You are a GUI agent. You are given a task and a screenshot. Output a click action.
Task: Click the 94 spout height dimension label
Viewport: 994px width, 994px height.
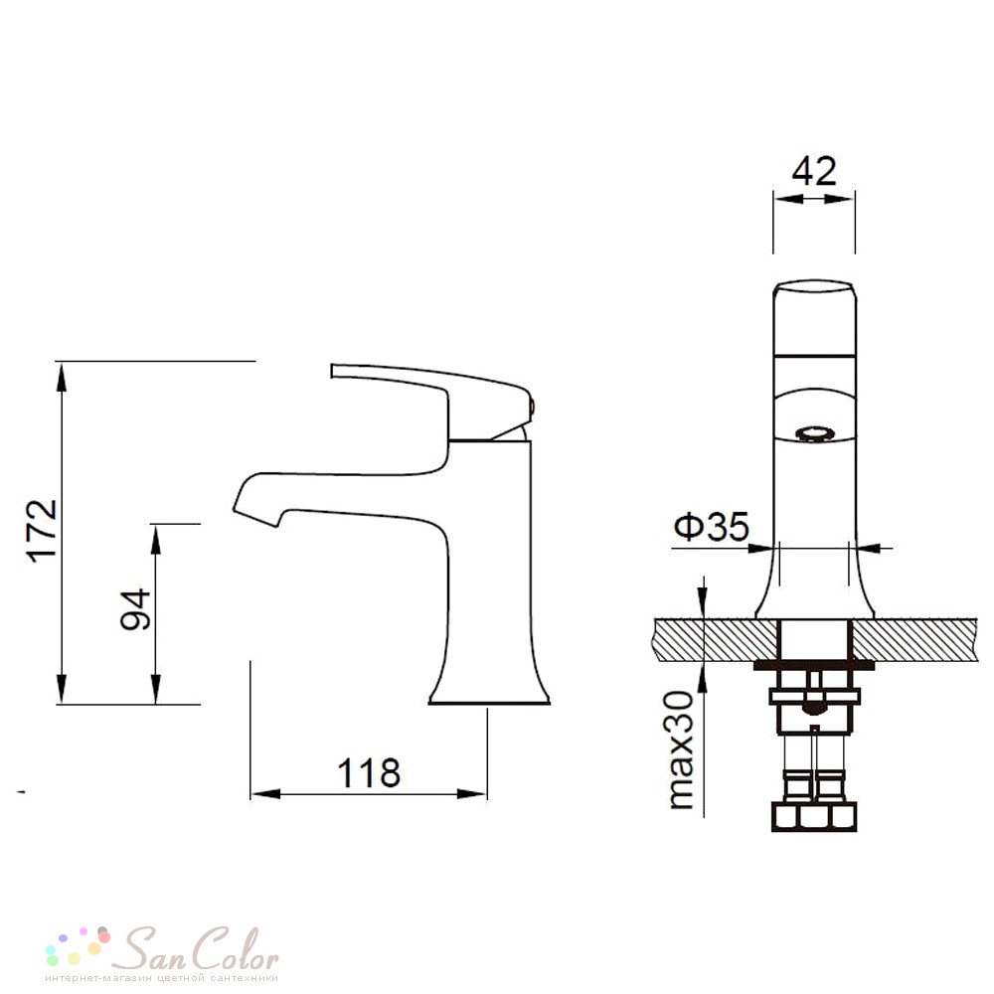(135, 609)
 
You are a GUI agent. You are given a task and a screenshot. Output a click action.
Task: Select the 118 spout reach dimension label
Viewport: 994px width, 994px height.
(369, 772)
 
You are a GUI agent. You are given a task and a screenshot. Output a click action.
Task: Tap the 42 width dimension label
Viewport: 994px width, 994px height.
(814, 171)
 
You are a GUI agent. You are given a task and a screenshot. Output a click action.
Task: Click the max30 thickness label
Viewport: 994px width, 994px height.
(682, 749)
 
